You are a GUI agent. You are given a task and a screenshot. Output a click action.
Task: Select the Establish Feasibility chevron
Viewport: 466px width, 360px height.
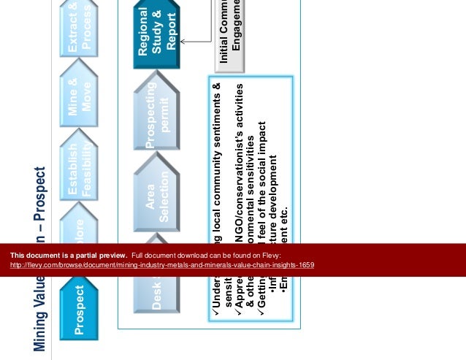tap(80, 165)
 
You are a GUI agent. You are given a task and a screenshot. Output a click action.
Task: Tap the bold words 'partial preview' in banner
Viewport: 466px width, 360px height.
tap(99, 255)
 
